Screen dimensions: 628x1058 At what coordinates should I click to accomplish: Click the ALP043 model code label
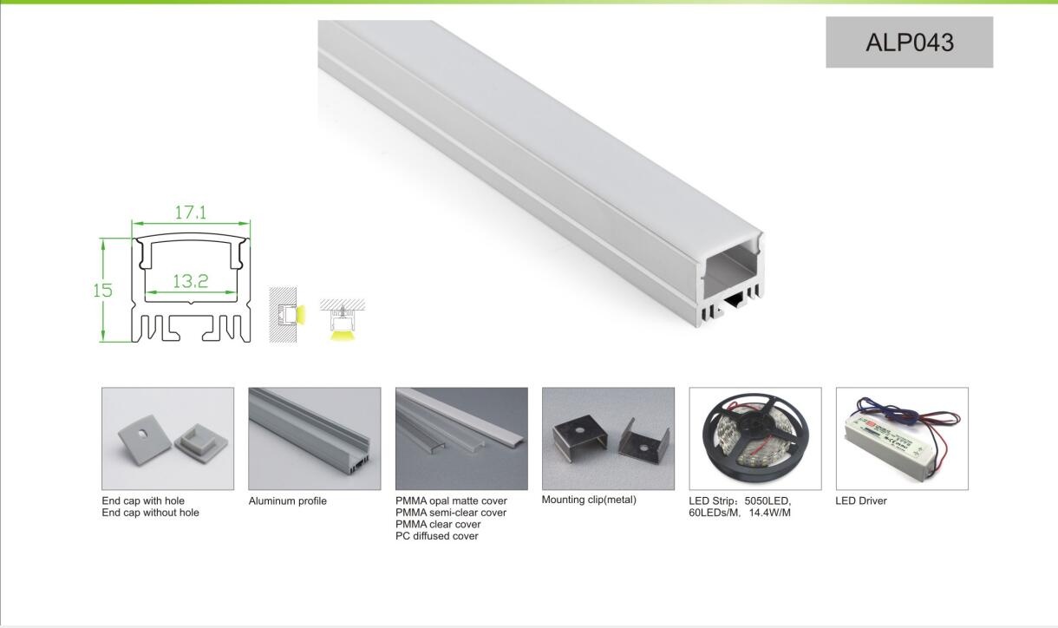pos(909,43)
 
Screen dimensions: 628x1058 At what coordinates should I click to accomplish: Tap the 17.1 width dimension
pos(190,213)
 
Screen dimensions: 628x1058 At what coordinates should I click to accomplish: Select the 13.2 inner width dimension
pos(190,281)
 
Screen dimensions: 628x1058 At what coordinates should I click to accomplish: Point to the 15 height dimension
pos(103,291)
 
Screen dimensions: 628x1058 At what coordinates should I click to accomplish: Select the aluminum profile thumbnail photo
pos(314,438)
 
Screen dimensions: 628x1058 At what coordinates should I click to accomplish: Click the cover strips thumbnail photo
pos(461,438)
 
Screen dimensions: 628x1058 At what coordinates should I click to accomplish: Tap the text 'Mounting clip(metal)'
pos(589,500)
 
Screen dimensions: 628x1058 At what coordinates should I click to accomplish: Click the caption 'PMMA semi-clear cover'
pos(451,513)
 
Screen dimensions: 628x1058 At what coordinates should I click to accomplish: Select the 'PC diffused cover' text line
pos(437,536)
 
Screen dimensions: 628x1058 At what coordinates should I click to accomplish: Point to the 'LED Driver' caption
pos(861,500)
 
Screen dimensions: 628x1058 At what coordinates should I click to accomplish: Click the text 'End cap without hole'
pos(150,513)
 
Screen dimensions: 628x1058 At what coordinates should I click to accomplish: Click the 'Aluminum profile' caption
pos(288,500)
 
